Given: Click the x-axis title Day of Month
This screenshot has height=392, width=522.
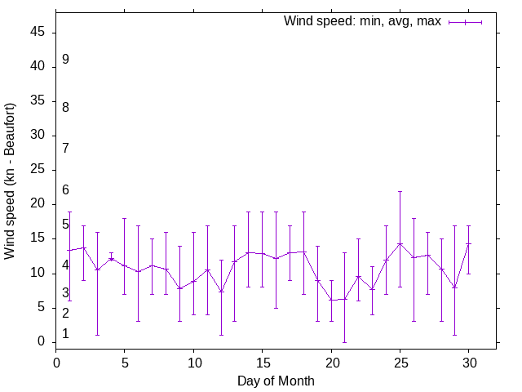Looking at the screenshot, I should coord(276,381).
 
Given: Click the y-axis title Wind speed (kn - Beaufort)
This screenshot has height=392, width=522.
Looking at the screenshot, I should coord(11,181).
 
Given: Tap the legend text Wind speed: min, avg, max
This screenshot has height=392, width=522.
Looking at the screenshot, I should coord(362,21).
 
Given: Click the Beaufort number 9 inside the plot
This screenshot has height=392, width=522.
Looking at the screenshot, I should coord(65,60).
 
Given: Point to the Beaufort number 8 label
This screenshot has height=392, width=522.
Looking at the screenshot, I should coord(65,107).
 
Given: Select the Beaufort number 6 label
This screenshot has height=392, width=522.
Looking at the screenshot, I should coord(65,190).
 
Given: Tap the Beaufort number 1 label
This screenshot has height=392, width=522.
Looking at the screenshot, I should coord(65,334).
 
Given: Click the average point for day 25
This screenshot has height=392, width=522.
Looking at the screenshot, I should coord(400,243).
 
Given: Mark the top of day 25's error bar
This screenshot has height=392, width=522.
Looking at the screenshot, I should coord(400,191).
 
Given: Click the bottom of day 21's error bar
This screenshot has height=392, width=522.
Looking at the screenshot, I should coord(345,341).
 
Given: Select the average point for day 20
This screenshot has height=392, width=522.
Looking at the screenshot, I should coord(331,300).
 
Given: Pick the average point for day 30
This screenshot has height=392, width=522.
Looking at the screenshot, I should coord(468,243).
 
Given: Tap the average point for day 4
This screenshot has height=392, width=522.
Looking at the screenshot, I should coord(111,259).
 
